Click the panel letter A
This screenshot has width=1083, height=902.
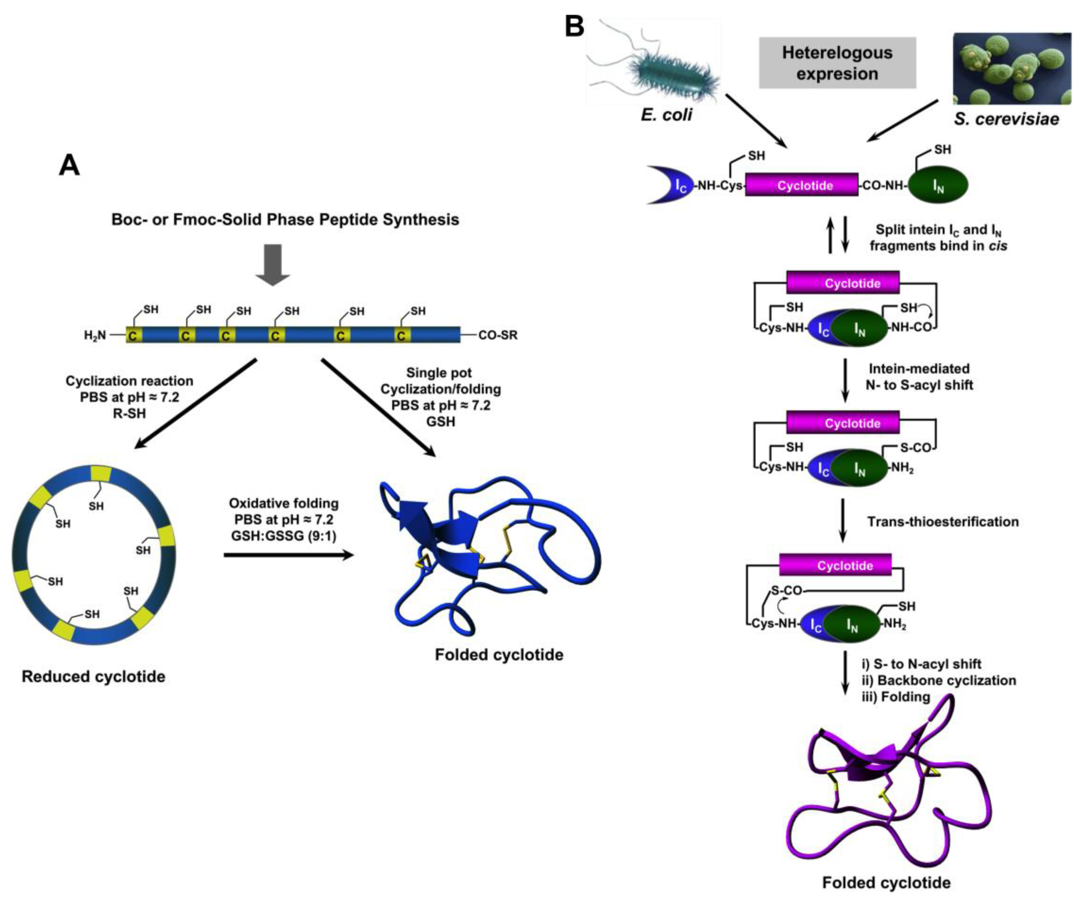click(x=69, y=166)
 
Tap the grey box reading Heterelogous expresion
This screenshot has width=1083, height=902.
click(x=837, y=63)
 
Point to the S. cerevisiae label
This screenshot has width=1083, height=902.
click(x=1006, y=119)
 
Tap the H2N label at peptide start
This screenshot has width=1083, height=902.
click(x=95, y=335)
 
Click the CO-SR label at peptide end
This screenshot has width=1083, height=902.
click(x=498, y=335)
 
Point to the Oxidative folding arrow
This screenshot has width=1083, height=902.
click(x=289, y=555)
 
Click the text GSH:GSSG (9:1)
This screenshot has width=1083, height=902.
click(x=283, y=536)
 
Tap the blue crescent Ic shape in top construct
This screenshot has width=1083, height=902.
click(x=671, y=185)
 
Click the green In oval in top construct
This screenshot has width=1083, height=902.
click(x=937, y=184)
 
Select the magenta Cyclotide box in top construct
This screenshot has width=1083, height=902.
click(x=802, y=185)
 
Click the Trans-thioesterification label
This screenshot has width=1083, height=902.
click(x=943, y=522)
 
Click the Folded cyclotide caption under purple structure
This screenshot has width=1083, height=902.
click(x=886, y=883)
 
